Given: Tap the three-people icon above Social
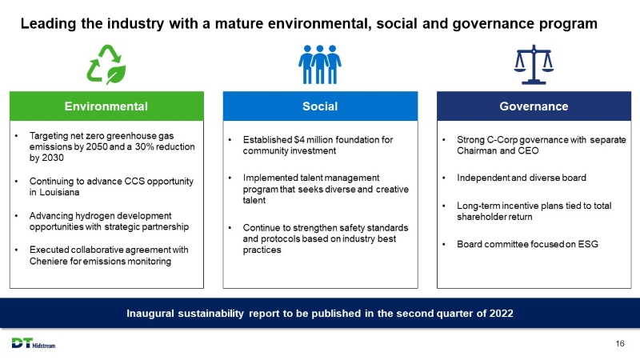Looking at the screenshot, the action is (319, 65).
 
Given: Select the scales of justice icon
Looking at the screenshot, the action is (534, 65).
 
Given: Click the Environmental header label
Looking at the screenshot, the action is (106, 106).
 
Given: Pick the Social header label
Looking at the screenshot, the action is (320, 106).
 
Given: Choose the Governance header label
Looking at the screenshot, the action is (534, 106).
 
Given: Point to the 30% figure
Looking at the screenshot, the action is (144, 147).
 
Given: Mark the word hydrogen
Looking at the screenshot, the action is (92, 216).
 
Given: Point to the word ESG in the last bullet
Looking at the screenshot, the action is (588, 245).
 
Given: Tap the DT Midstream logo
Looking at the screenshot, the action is (34, 343).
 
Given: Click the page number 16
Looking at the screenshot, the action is (620, 344).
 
